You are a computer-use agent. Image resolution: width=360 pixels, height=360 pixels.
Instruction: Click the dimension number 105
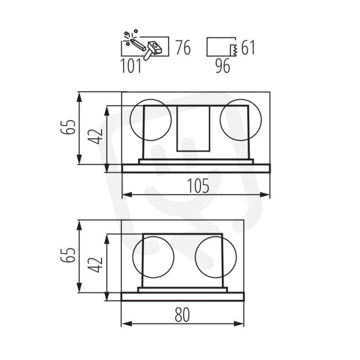click(198, 185)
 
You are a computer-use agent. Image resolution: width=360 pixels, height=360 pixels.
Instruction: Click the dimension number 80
click(182, 315)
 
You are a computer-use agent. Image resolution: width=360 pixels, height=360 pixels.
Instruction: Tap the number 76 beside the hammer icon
click(183, 48)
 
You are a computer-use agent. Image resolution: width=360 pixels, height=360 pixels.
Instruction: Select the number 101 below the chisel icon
click(131, 66)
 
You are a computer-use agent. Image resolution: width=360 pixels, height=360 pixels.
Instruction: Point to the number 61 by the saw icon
click(248, 48)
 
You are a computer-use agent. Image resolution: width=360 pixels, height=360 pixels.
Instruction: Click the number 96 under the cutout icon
click(223, 66)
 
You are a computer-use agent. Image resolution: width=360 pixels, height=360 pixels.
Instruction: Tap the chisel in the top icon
click(137, 44)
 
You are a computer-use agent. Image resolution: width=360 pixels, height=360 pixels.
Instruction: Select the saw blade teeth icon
click(234, 50)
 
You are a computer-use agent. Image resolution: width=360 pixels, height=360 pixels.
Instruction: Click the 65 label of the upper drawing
click(68, 127)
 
